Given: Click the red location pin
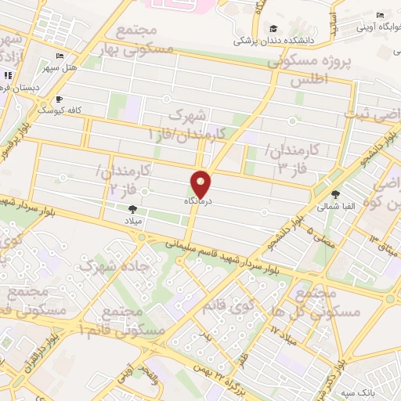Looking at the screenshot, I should click(x=201, y=183).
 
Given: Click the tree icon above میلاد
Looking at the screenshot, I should click(x=132, y=209).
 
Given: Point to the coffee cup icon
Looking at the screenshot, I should click(x=58, y=100).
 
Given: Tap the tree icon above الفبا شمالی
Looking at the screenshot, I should click(x=336, y=195).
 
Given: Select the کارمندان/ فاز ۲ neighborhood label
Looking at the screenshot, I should click(x=125, y=179).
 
